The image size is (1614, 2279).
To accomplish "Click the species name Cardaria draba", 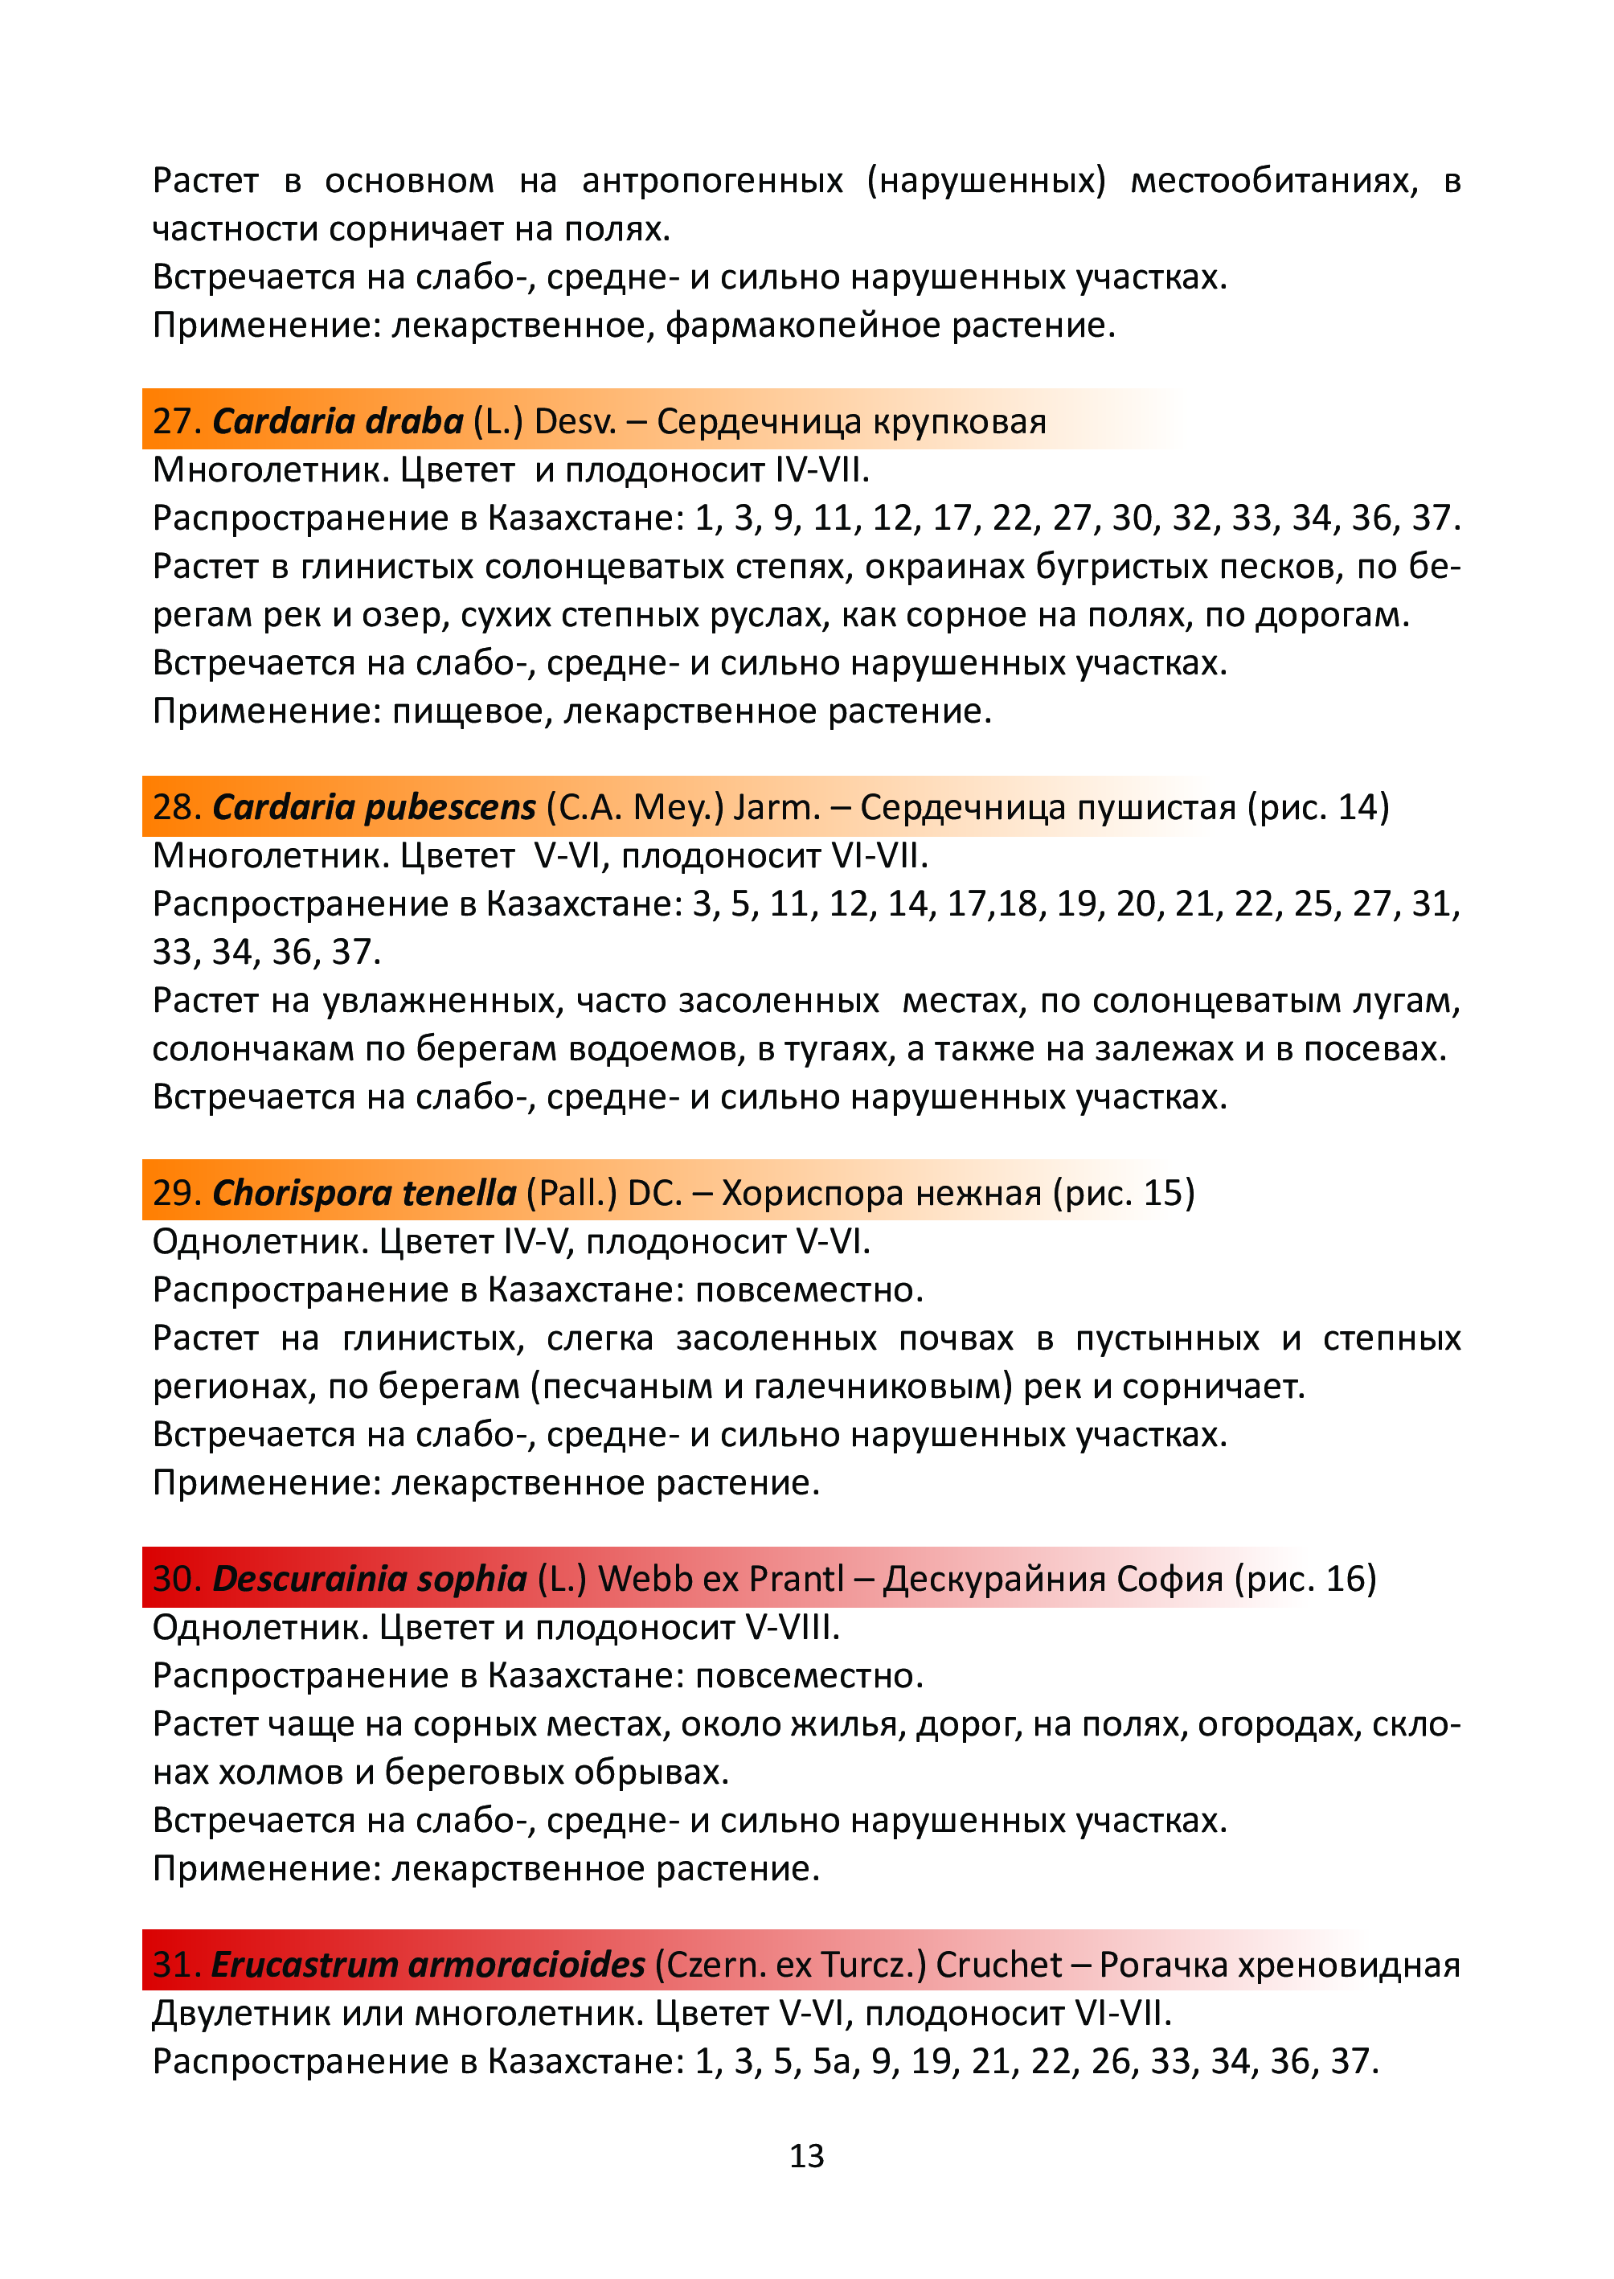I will (338, 421).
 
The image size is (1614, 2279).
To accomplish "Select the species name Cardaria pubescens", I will (374, 807).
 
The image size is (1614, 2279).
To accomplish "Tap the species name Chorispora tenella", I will (364, 1193).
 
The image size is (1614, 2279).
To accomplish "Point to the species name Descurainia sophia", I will (370, 1578).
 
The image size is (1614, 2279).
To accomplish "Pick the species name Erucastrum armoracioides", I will (428, 1964).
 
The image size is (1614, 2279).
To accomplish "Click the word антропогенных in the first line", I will (713, 181).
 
